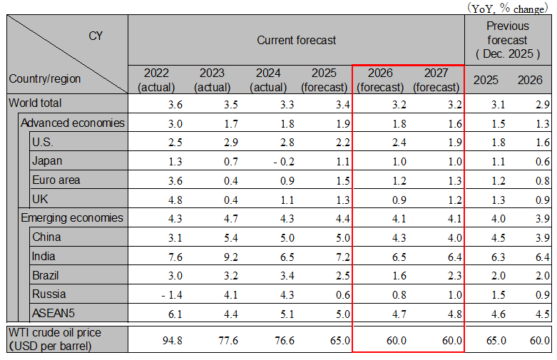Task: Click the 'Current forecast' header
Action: pos(296,40)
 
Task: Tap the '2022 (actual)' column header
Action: pos(155,80)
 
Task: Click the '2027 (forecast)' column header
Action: pos(436,80)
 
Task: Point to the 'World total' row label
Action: pos(36,103)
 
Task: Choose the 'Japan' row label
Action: pos(47,160)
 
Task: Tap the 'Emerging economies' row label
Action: pos(71,218)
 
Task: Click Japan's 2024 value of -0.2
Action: pos(268,161)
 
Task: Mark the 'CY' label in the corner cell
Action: pos(96,36)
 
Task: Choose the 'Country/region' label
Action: pos(44,78)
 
